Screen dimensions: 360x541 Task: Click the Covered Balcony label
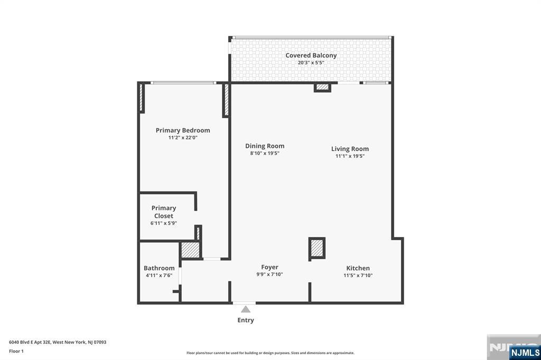pos(311,55)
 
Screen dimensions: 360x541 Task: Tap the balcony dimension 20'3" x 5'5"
pos(311,63)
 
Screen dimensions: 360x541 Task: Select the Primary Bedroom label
pos(183,130)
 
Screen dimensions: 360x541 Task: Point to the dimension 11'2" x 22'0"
pos(183,138)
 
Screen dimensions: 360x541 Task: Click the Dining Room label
pos(265,146)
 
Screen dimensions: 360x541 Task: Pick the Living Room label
pos(350,149)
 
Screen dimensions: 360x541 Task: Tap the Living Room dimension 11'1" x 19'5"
pos(350,156)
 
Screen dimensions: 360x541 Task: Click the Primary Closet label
pos(164,212)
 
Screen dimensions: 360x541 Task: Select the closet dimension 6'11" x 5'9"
pos(164,223)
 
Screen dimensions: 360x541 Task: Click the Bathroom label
pos(159,268)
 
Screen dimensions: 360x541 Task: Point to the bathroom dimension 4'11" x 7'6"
pos(159,276)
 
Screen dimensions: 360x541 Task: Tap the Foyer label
pos(269,267)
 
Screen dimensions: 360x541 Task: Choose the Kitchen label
pos(358,268)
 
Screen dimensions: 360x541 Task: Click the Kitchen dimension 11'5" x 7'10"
pos(358,276)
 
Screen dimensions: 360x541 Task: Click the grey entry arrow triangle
pos(246,309)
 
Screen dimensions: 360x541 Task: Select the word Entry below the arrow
pos(246,320)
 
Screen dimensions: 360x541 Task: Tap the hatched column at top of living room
pos(322,87)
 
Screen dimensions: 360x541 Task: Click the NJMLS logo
pos(525,352)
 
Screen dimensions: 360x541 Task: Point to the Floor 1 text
pos(16,351)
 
